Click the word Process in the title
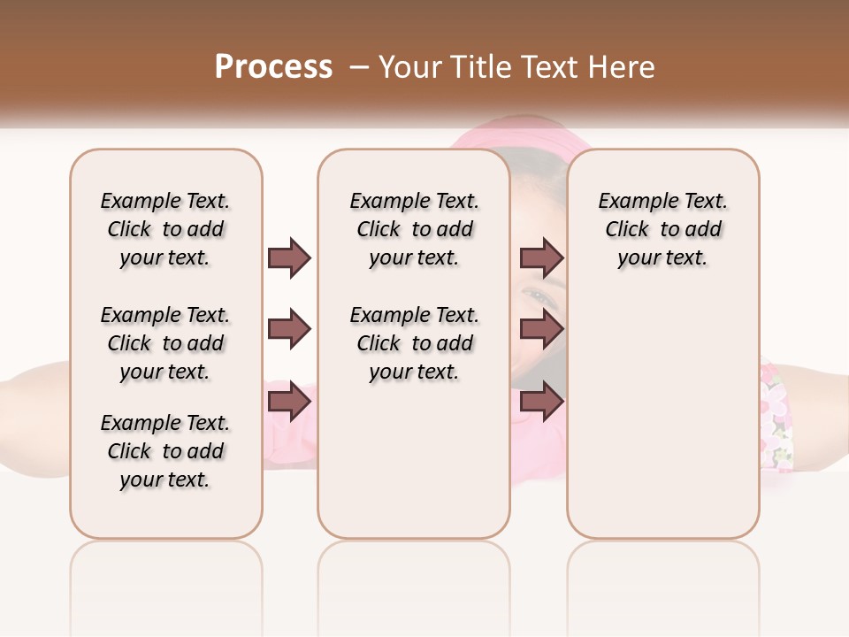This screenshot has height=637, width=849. [273, 67]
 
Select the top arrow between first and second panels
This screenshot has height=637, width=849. [289, 257]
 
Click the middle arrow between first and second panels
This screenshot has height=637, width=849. [289, 330]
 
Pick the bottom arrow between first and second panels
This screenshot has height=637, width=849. [289, 402]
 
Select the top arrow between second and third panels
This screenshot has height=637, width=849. [541, 257]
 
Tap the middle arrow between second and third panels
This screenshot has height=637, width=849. [541, 330]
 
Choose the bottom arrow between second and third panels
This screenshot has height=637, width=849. [541, 402]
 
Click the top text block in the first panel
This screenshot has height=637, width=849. [165, 229]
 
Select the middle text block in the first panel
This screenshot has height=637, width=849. [165, 343]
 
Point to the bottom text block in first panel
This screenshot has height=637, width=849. [165, 451]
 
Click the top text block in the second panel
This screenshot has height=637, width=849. [414, 229]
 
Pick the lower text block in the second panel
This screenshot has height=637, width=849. [414, 343]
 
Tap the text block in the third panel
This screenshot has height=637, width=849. [662, 229]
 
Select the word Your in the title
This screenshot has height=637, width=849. [406, 67]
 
